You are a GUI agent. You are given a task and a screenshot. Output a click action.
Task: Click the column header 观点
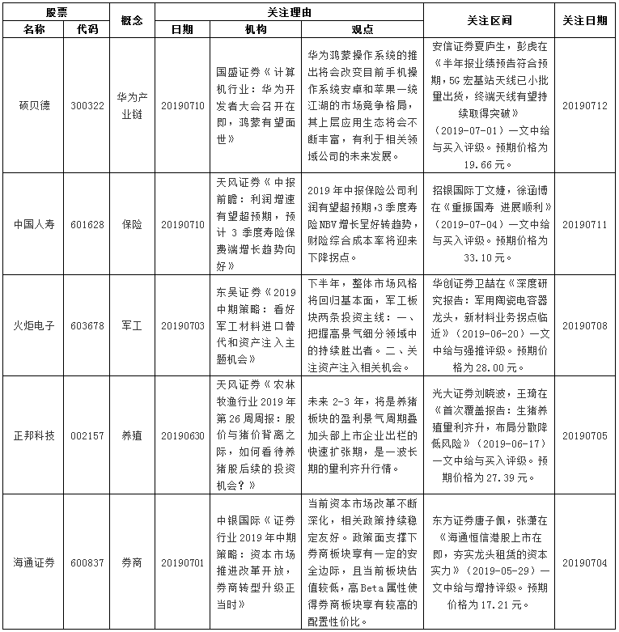(x=362, y=29)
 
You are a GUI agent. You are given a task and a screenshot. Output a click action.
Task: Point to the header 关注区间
(x=490, y=20)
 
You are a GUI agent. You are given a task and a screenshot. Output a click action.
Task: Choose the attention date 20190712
(x=584, y=106)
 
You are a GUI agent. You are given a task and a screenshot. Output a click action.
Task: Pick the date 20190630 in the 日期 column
(x=183, y=435)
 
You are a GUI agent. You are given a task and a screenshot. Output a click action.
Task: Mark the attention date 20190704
(x=584, y=562)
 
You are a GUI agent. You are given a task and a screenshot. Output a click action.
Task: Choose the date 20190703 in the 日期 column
(x=183, y=325)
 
